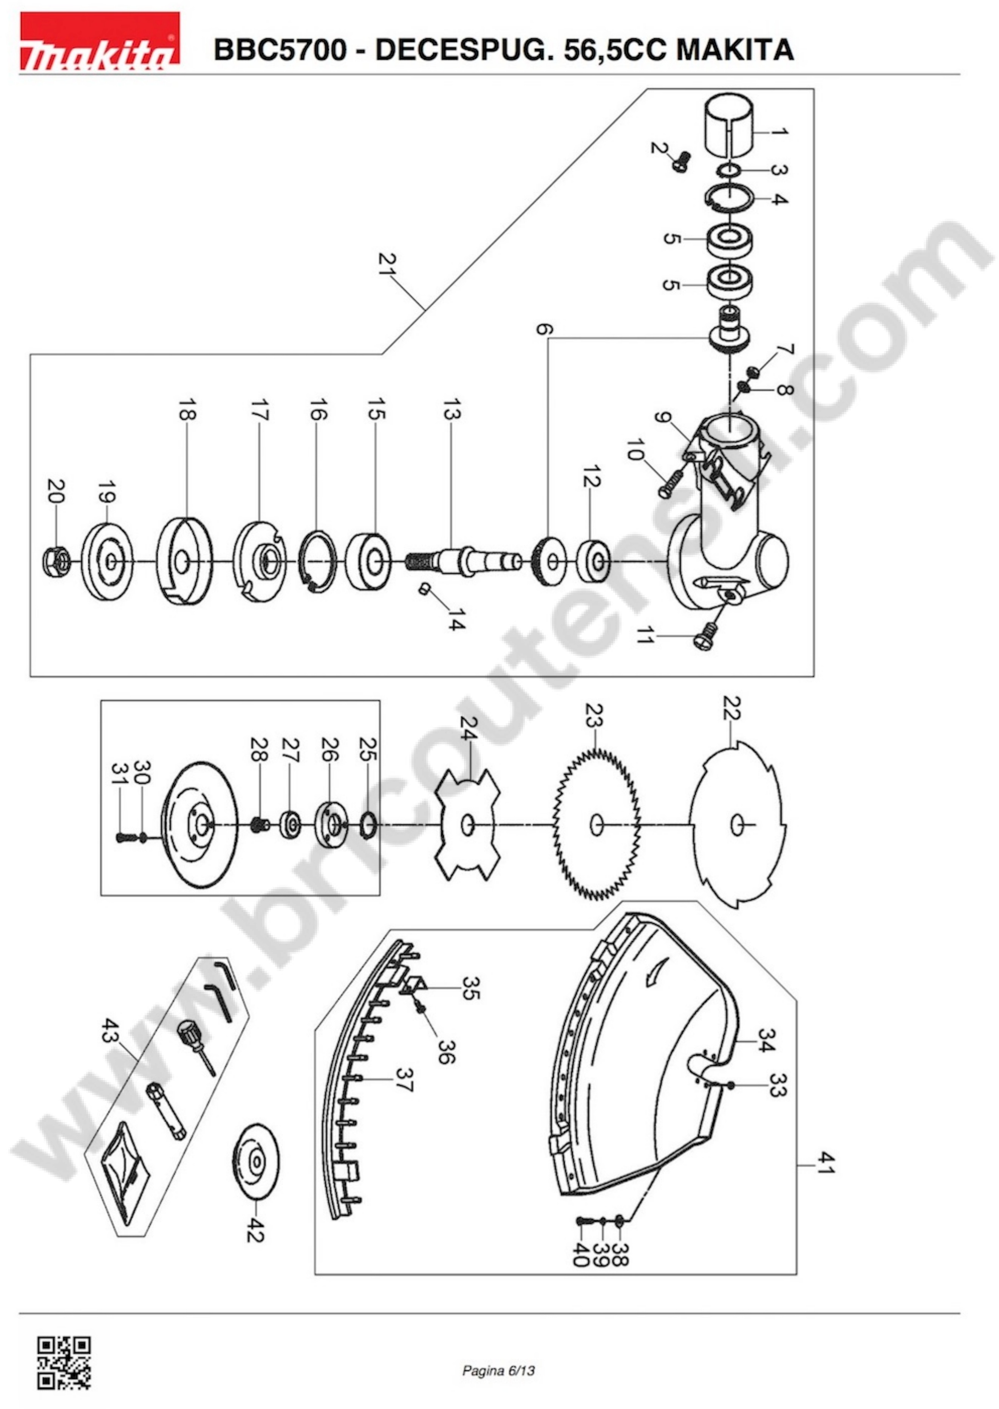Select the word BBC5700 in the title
pyautogui.click(x=280, y=49)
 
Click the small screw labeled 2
pyautogui.click(x=682, y=162)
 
